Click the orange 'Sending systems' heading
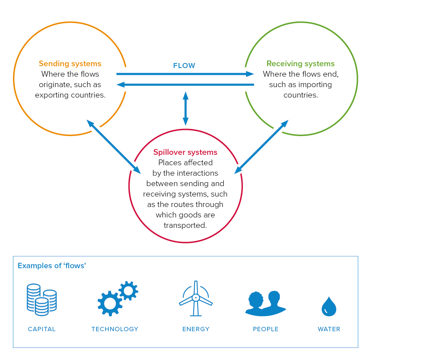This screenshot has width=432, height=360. [70, 64]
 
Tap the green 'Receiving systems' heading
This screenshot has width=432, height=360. [301, 64]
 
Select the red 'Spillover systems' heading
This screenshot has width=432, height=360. [185, 152]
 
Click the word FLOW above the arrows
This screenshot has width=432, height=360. [184, 66]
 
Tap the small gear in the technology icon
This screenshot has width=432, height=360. [128, 290]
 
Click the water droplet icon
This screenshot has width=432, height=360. [329, 307]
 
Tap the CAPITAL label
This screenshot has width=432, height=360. [42, 329]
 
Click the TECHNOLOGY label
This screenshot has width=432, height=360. [115, 329]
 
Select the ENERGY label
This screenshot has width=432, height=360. [196, 329]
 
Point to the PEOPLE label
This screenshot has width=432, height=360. [266, 329]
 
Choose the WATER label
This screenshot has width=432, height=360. [329, 329]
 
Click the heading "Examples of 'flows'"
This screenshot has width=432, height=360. [52, 266]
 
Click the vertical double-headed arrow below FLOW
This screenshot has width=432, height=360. [185, 108]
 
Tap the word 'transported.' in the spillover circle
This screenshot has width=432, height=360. [185, 226]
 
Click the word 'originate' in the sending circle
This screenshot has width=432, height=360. [55, 85]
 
